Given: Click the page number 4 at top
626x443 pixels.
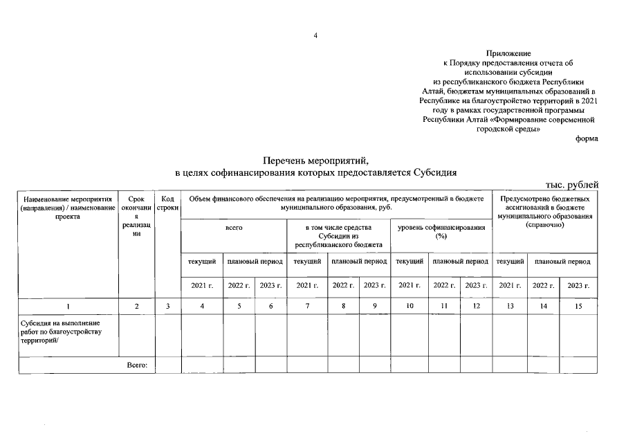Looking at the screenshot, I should click(315, 36).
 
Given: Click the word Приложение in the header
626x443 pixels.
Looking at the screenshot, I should click(508, 53).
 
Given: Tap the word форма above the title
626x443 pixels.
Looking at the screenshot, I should click(587, 138).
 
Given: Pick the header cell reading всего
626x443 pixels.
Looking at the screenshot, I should click(234, 227).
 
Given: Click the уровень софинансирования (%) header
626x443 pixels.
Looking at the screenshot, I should click(441, 232).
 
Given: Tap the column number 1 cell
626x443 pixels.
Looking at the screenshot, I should click(68, 305).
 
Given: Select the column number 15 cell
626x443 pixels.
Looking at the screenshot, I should click(579, 305).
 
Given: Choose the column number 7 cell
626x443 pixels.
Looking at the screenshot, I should click(307, 305).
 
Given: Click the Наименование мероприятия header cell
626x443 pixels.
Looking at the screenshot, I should click(68, 207).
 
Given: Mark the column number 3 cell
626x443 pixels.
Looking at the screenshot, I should click(168, 305).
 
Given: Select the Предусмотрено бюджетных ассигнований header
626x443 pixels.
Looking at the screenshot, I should click(544, 212).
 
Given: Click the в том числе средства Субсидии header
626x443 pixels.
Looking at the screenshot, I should click(338, 236).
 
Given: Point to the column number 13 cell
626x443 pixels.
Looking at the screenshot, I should click(510, 305).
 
